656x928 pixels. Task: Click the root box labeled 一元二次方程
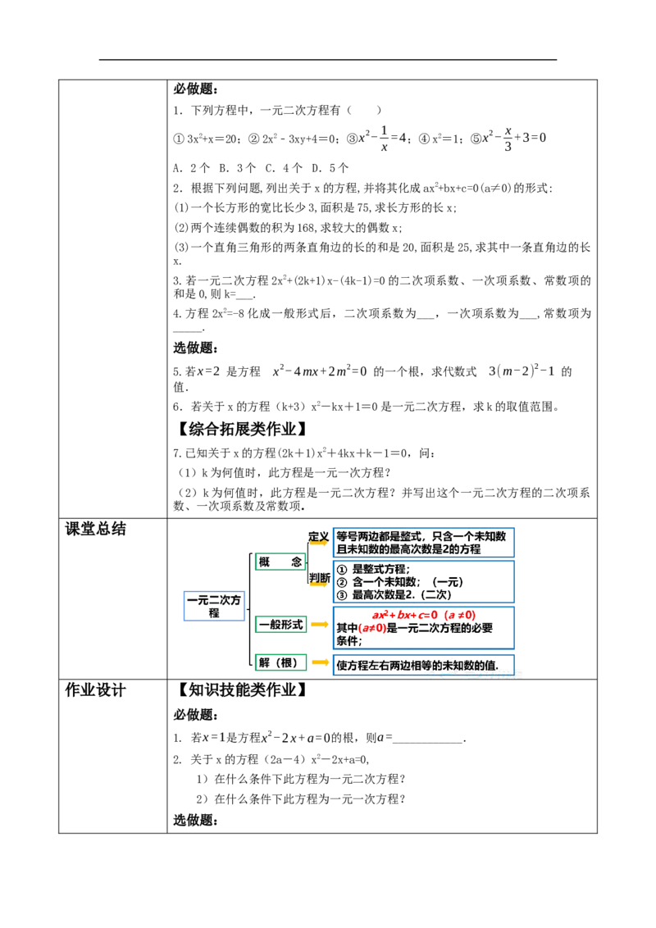pos(212,607)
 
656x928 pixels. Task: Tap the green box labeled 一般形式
pos(280,625)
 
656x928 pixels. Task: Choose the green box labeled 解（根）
pos(280,662)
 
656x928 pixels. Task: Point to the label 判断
pos(318,576)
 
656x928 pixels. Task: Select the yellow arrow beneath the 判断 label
pos(319,585)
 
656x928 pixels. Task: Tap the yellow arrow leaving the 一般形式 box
pos(319,625)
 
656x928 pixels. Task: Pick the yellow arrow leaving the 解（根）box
pos(319,662)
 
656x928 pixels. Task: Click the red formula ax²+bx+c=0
pos(404,616)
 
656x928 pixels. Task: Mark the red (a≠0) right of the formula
pos(459,616)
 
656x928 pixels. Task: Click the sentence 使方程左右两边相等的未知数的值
pos(417,664)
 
